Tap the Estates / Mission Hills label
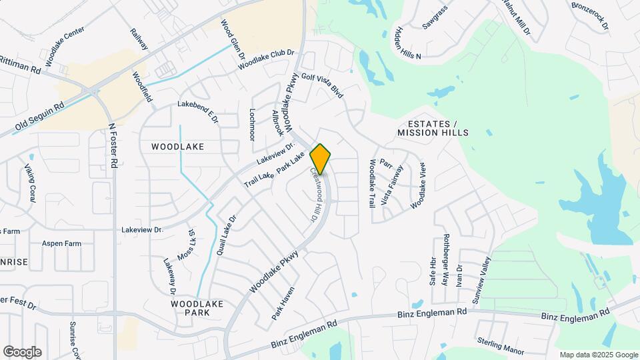[433, 129]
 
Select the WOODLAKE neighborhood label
[177, 146]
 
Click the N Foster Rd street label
[114, 145]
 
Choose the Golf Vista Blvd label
[322, 85]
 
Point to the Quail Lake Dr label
[227, 235]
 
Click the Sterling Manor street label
[501, 347]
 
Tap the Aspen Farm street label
[61, 243]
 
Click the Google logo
[22, 351]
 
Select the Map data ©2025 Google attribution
[599, 355]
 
